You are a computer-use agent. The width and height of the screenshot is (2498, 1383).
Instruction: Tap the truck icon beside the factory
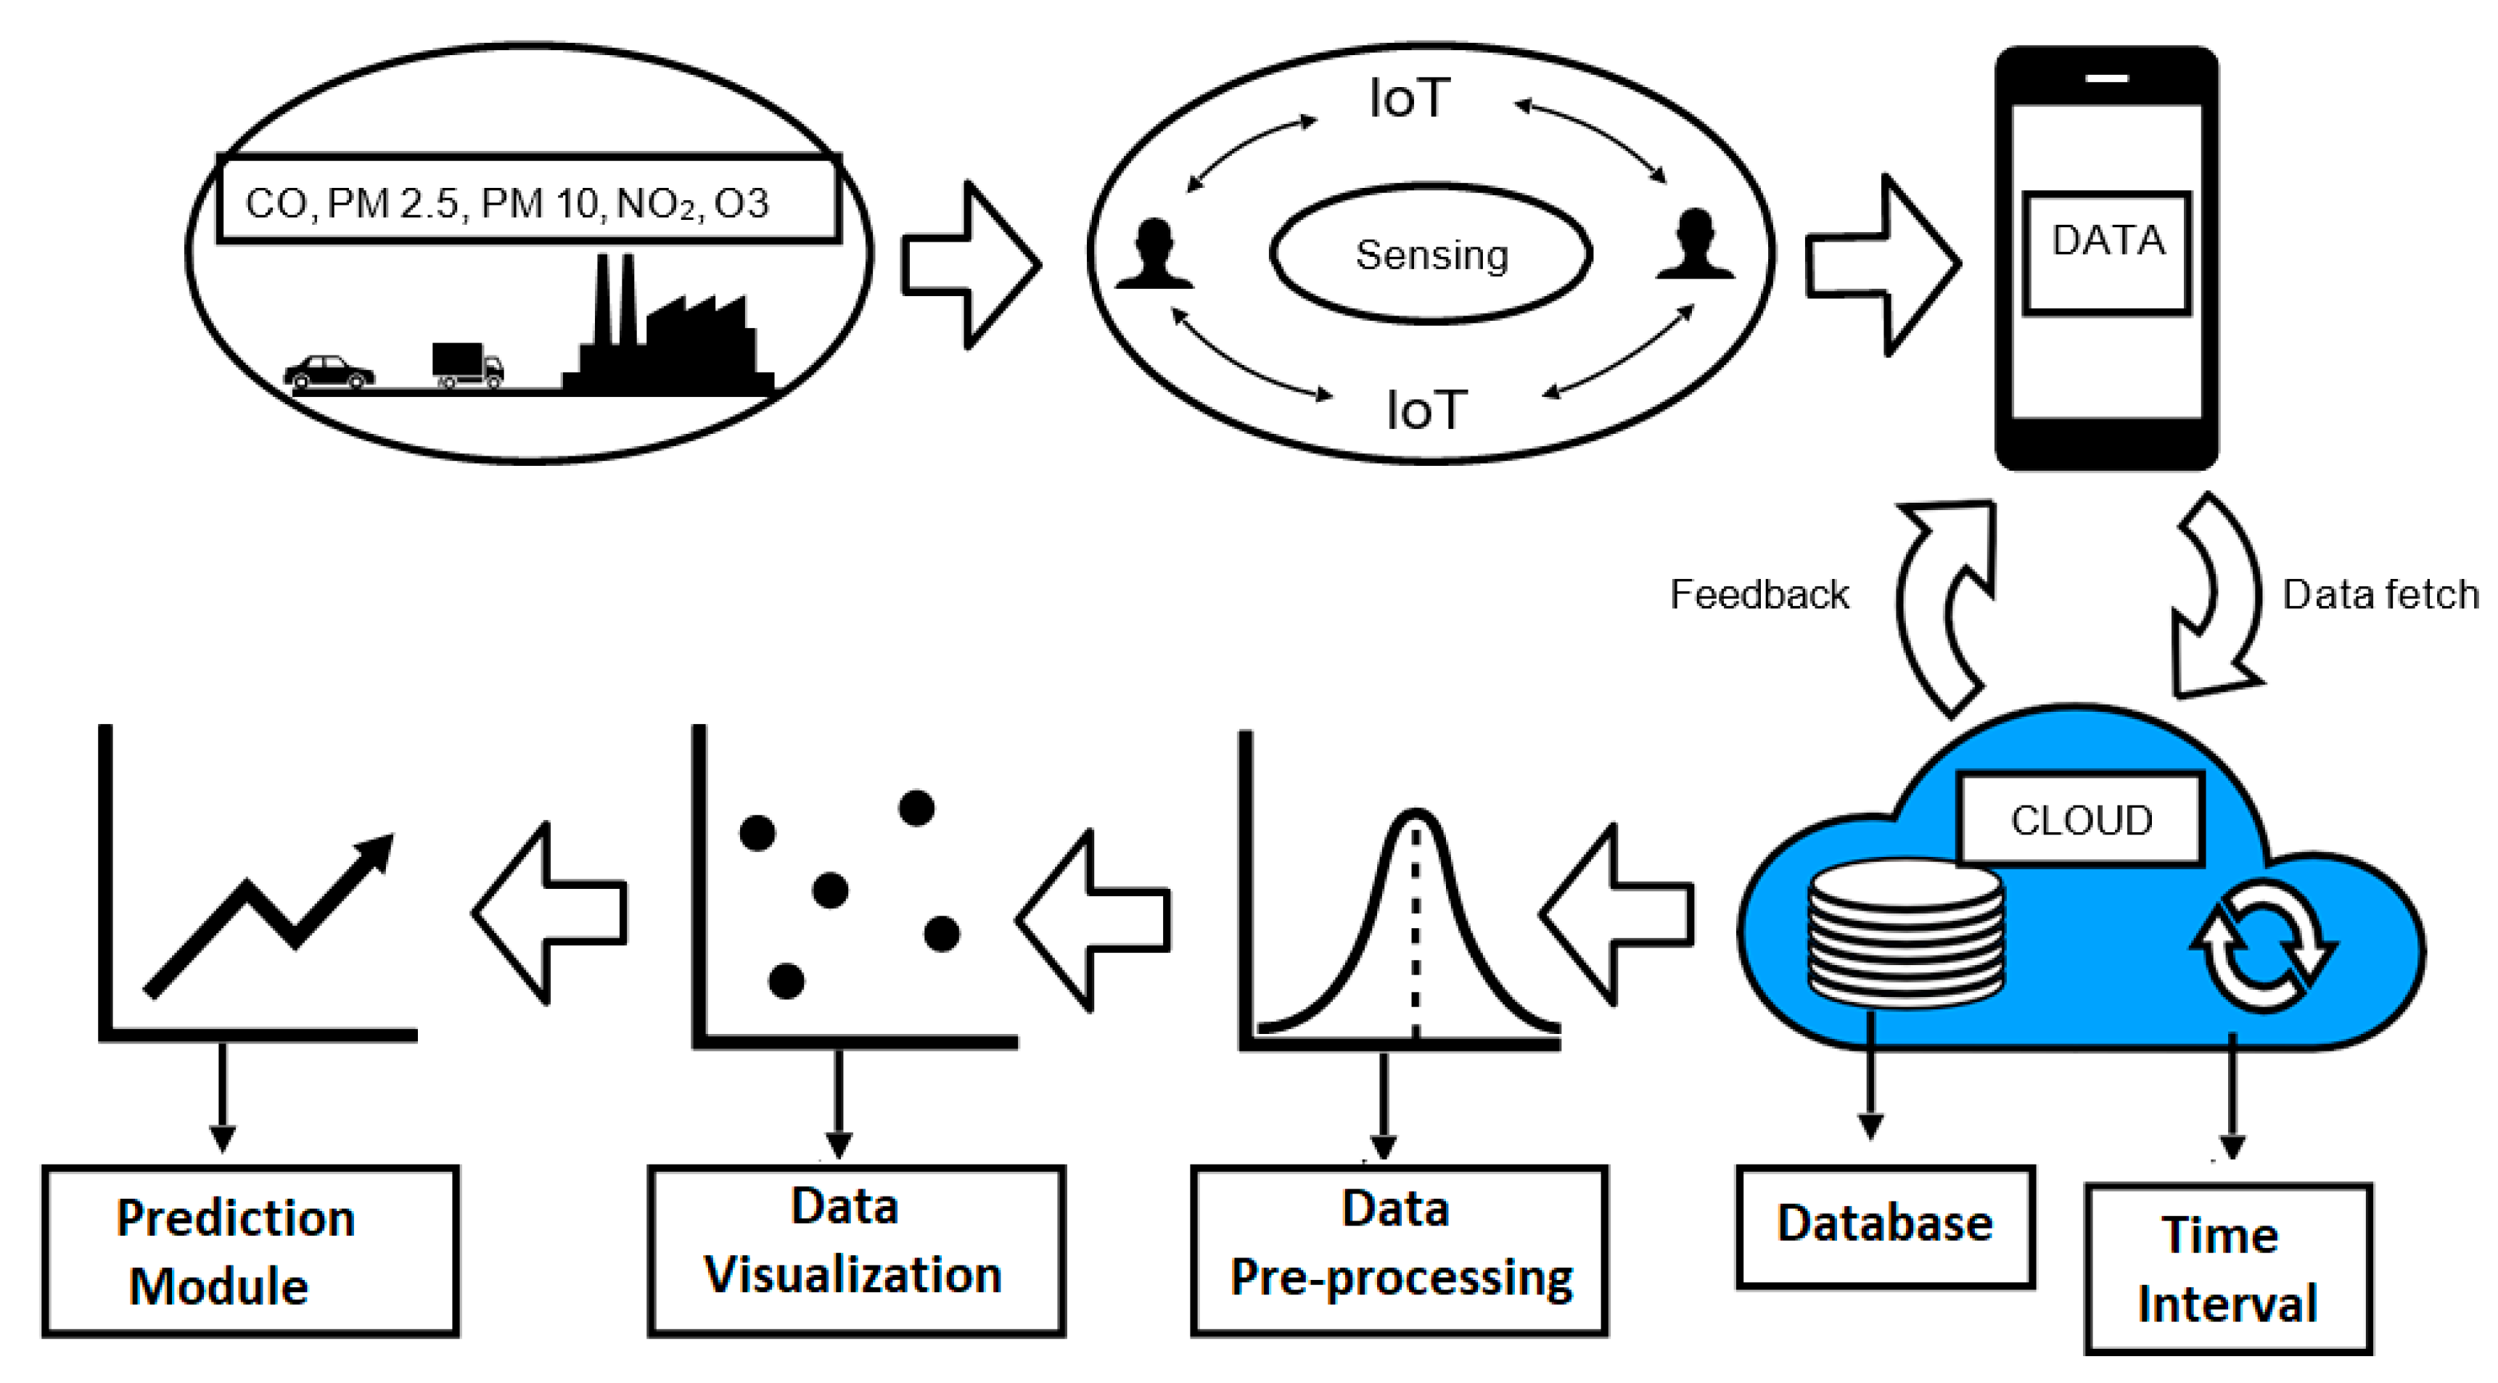coord(467,365)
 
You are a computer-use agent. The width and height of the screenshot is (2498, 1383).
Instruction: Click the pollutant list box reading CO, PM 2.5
coord(527,199)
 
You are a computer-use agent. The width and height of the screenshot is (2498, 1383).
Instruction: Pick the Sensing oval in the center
coord(1431,254)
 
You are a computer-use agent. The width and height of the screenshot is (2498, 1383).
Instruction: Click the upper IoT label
coord(1409,99)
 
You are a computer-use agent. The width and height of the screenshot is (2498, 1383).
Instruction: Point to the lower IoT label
coord(1426,410)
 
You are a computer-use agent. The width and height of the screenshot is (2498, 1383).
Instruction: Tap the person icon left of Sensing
coord(1154,254)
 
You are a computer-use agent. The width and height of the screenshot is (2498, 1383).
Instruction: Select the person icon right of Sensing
coord(1695,245)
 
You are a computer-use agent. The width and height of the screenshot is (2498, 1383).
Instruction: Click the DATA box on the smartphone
coord(2107,253)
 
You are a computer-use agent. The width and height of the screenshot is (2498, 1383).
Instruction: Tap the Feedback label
coord(1759,594)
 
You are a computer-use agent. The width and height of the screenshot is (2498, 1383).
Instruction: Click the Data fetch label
coord(2380,594)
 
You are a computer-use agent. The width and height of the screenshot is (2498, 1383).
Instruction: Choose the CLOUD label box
coord(2081,819)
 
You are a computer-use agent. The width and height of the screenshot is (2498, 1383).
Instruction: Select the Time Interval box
coord(2227,1268)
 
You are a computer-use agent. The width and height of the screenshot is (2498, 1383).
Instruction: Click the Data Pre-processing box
coord(1400,1250)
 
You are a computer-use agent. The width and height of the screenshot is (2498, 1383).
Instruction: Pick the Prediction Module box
coord(250,1250)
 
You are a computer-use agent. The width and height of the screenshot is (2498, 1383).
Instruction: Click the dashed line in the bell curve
coord(1416,931)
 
